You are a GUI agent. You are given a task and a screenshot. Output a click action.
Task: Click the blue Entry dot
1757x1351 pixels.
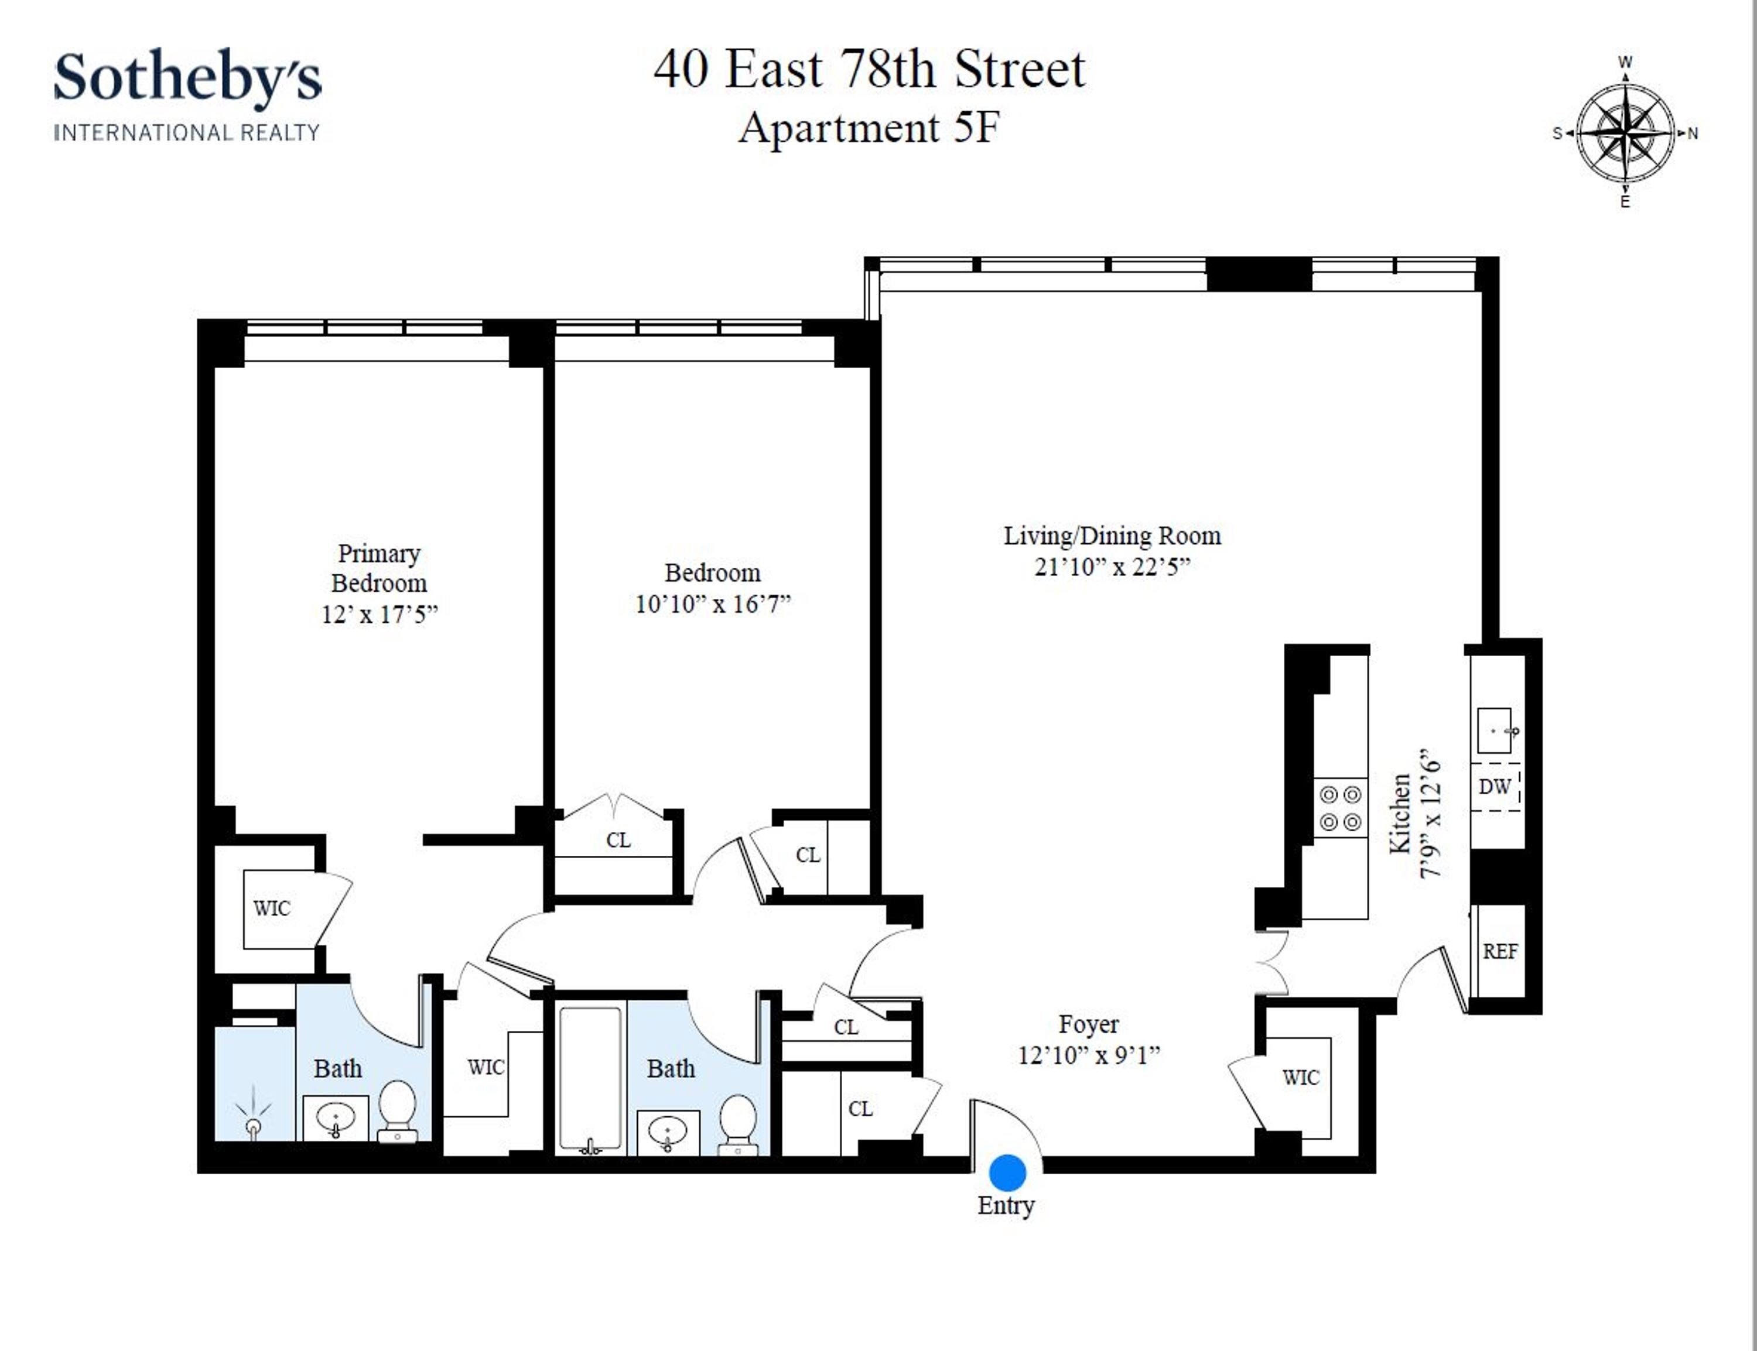click(x=1007, y=1172)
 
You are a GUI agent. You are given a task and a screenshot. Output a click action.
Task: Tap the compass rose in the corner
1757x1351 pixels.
click(x=1626, y=133)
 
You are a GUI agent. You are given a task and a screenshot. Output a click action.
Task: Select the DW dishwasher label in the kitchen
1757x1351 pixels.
click(x=1495, y=787)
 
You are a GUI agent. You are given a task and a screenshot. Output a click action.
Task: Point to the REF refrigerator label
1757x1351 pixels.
click(x=1499, y=951)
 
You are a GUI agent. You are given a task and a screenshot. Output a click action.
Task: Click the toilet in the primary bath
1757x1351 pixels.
click(x=398, y=1110)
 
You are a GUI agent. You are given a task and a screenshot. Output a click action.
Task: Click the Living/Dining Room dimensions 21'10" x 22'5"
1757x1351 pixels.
click(x=1112, y=567)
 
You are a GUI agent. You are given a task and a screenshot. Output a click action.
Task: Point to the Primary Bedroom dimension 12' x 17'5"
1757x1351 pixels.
click(x=380, y=615)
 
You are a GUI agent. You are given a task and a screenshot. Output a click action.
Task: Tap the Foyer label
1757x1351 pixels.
click(x=1089, y=1024)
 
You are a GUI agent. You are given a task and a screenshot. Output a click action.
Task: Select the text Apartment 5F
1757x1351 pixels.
click(x=869, y=128)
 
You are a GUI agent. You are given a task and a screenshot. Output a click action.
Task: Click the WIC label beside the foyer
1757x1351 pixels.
click(x=1301, y=1078)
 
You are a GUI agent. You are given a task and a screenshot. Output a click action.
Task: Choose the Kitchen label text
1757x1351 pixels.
click(x=1400, y=813)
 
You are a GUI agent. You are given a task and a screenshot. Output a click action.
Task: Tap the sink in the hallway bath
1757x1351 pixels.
click(x=667, y=1132)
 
